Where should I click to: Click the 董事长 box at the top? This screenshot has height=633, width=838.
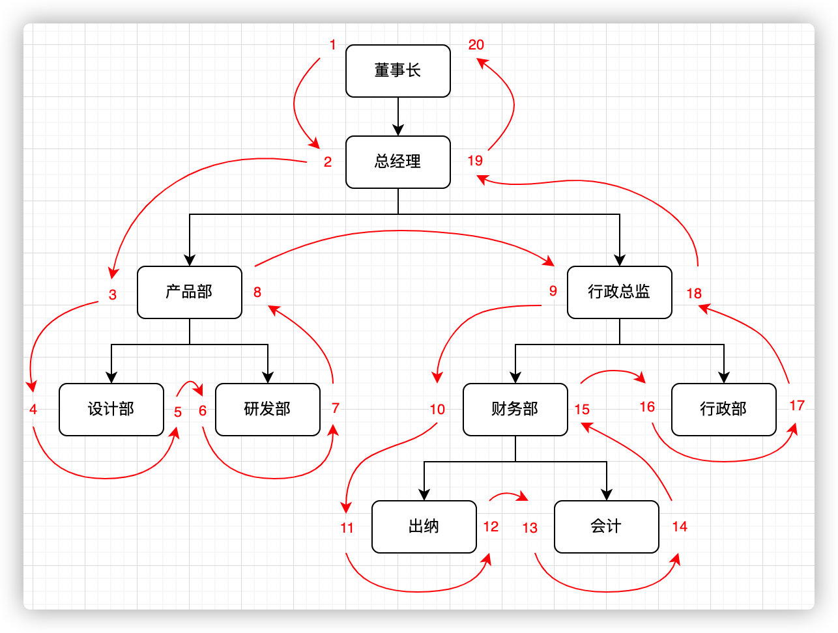pos(397,71)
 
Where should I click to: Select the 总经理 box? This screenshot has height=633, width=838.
pos(397,162)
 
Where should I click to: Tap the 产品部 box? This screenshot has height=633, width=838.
pos(189,292)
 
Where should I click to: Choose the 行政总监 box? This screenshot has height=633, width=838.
pos(619,292)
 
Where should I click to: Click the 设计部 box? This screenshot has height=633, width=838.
pos(111,410)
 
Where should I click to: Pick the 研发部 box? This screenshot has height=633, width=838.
pos(267,410)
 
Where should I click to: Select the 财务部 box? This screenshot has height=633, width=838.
pos(515,410)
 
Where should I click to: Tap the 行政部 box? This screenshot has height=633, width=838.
pos(723,410)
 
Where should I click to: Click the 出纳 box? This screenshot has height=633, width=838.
pos(424,527)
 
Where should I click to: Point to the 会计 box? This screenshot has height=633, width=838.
pos(606,527)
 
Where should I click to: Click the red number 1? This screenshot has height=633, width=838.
pos(333,45)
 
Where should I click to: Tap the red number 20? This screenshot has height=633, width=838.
pos(476,45)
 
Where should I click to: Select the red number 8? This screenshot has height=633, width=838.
pos(257,292)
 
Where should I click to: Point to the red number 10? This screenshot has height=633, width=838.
pos(437,410)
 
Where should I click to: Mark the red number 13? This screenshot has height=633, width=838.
pos(530,528)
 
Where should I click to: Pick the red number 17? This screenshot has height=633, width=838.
pos(797,406)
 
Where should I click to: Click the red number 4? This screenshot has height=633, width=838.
pos(33,410)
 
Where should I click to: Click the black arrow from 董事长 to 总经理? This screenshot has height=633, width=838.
pos(398,117)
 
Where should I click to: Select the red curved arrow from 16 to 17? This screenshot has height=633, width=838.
pos(723,461)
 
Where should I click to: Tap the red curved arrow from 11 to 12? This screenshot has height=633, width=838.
pos(417,591)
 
